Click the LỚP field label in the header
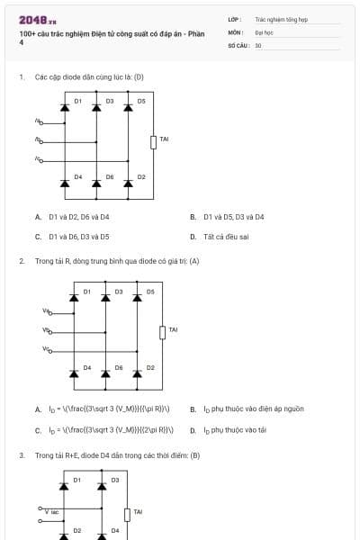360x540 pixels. (x=235, y=18)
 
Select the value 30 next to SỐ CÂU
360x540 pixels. (x=258, y=44)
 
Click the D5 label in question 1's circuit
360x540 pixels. (x=141, y=101)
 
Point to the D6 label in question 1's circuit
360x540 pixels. (x=110, y=177)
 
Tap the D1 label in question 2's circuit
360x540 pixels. (x=87, y=292)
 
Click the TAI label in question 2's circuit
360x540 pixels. (x=173, y=329)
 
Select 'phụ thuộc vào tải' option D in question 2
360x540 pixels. (x=234, y=430)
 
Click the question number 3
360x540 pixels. (x=22, y=455)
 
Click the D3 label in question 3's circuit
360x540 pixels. (x=114, y=480)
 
